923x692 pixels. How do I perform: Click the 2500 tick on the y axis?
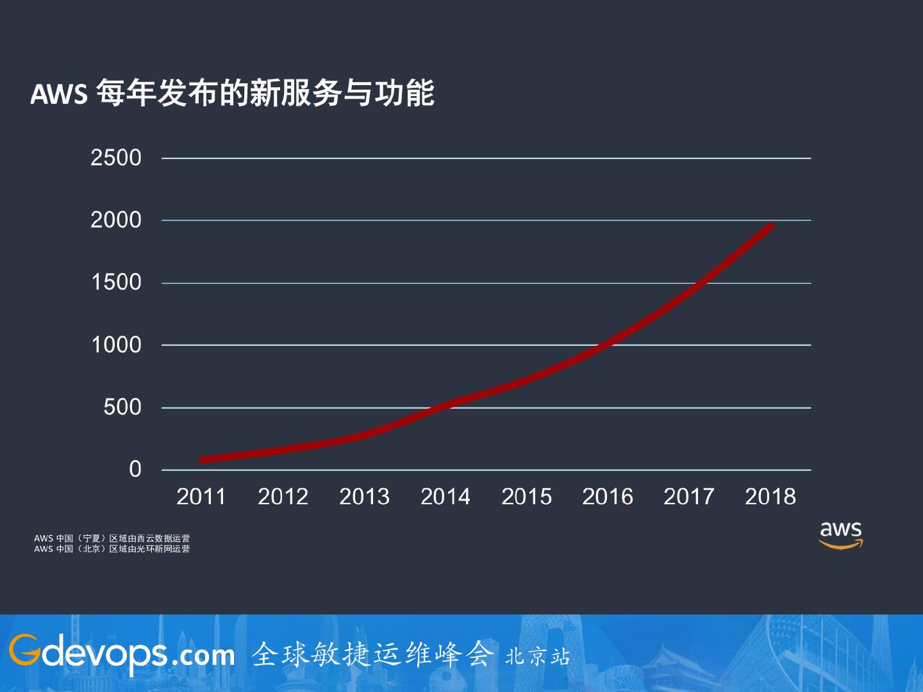116,158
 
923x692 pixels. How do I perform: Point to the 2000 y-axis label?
116,220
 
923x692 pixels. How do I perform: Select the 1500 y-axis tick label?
116,282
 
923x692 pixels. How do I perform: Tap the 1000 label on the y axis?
116,345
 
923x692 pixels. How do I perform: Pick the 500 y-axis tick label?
122,407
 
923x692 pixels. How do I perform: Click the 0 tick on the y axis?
135,469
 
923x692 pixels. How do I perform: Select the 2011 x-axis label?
201,497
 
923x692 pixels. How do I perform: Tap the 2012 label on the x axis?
283,497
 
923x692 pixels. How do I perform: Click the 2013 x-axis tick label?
364,497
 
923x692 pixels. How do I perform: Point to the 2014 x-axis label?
445,497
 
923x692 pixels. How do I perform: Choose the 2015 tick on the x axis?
526,497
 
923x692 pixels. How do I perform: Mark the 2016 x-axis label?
608,497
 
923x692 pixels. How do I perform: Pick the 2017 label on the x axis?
689,497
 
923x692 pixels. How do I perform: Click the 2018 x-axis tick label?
770,497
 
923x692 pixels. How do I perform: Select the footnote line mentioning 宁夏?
112,538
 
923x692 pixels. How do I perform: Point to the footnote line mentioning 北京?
112,549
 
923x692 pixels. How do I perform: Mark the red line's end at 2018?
771,226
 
